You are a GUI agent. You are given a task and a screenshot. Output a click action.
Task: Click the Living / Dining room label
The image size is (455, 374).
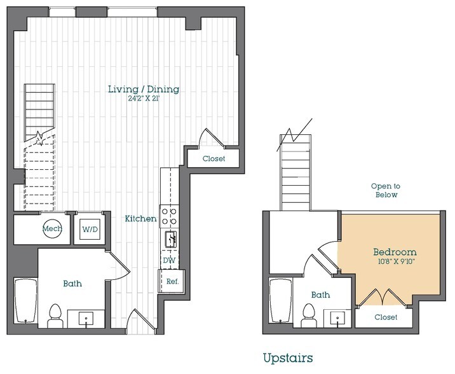pos(143,89)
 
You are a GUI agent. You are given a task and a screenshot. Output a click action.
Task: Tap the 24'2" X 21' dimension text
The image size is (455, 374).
pos(143,99)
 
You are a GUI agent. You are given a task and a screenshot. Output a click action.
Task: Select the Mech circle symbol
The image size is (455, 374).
pos(52,229)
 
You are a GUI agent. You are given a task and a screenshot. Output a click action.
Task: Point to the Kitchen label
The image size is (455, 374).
pos(140,218)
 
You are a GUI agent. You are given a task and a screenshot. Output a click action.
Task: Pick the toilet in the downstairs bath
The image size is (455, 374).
pos(55,314)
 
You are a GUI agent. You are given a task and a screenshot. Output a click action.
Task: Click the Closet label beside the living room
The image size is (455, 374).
pos(214,158)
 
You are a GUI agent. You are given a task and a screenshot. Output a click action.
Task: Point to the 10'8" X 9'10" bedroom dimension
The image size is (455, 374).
pos(394,261)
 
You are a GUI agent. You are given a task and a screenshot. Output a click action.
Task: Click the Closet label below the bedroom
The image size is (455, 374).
pos(385,317)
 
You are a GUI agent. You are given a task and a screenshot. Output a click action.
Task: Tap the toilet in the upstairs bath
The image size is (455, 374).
pos(309,314)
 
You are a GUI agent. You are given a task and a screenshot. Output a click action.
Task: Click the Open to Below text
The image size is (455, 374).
pos(384,190)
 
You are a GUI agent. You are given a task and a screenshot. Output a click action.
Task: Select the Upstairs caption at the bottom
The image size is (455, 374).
pos(288,358)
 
